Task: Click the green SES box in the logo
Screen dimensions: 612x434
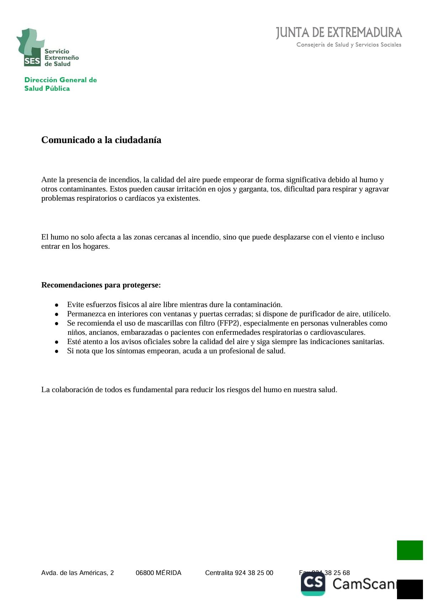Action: point(32,61)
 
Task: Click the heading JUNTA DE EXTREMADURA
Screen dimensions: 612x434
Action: point(339,33)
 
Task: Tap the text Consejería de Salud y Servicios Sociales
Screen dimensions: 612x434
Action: point(349,45)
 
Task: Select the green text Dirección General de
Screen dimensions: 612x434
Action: point(60,80)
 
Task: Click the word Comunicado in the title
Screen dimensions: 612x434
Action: point(68,140)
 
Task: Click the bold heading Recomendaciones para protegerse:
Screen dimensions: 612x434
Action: point(101,285)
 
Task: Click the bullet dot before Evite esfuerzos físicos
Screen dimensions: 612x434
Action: point(56,305)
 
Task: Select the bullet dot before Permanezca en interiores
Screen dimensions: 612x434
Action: point(56,314)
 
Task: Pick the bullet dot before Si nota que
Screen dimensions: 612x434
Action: point(56,351)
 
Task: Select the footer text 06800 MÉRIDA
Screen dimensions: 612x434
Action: point(158,573)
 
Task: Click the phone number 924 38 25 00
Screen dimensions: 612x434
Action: point(254,573)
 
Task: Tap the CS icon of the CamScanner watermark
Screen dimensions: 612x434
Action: point(313,583)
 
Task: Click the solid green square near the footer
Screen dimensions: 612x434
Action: point(410,550)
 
